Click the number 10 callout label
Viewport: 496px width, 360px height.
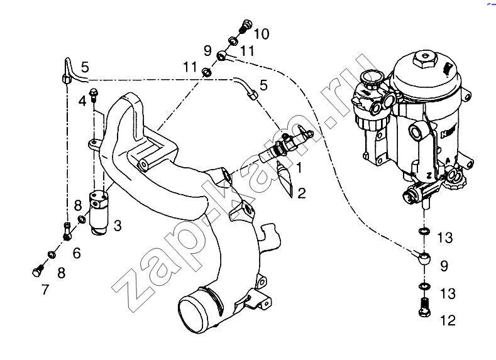261,34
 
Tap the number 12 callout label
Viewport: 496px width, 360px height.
448,320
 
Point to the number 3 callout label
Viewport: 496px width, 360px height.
118,224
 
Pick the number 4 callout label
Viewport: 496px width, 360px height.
82,101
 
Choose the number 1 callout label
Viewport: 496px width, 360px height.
300,168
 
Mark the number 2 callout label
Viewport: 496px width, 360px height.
302,193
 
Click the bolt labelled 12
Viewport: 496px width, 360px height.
424,308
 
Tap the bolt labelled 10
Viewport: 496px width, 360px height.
245,26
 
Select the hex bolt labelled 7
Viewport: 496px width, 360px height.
36,272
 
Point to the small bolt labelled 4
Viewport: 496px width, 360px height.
94,95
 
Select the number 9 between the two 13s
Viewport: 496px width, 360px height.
444,266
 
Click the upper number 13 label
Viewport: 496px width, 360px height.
445,237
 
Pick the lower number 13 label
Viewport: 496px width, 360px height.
446,293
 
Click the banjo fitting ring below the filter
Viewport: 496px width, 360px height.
424,257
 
